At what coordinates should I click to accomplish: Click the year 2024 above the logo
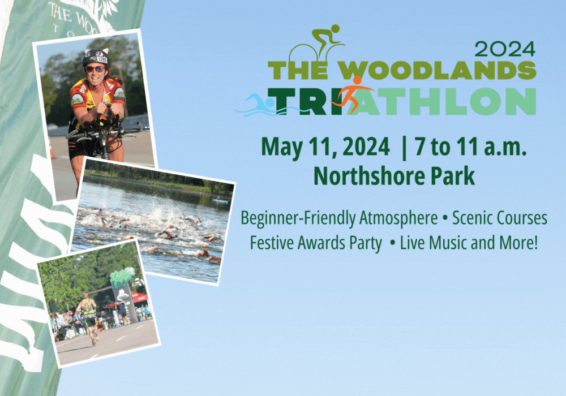(x=505, y=49)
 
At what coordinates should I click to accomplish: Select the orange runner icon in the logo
(x=353, y=94)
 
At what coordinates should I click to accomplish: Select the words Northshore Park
(x=394, y=176)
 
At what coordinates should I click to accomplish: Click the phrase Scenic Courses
(x=500, y=218)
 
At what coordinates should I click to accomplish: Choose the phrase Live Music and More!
(x=469, y=244)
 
